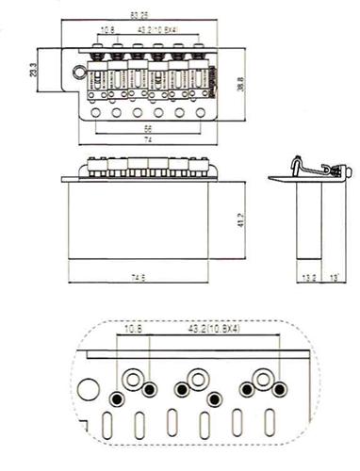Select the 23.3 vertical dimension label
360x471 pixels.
(x=35, y=71)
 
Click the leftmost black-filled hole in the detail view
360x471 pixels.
(x=116, y=397)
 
